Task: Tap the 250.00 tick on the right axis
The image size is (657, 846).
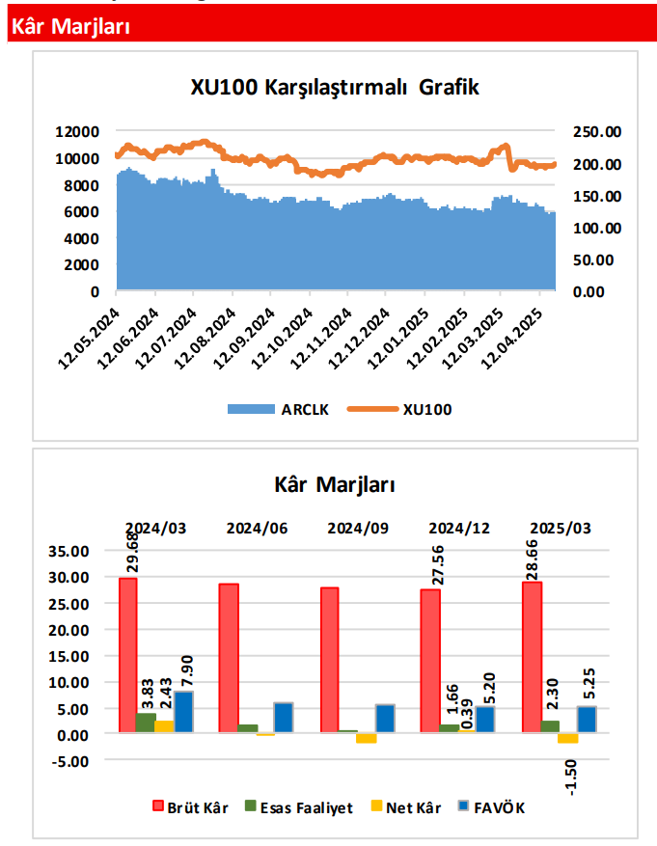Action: pyautogui.click(x=596, y=132)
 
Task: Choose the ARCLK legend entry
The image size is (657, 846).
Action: pyautogui.click(x=279, y=409)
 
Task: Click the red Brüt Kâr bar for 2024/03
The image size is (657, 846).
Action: pyautogui.click(x=127, y=655)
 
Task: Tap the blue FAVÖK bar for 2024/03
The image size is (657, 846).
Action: pyautogui.click(x=183, y=712)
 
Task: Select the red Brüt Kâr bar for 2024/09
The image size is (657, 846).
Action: pyautogui.click(x=330, y=660)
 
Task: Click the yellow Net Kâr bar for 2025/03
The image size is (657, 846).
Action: pyautogui.click(x=568, y=738)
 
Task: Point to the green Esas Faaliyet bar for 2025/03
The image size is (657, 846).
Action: pyautogui.click(x=550, y=726)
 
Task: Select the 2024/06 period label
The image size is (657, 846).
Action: pyautogui.click(x=258, y=528)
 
